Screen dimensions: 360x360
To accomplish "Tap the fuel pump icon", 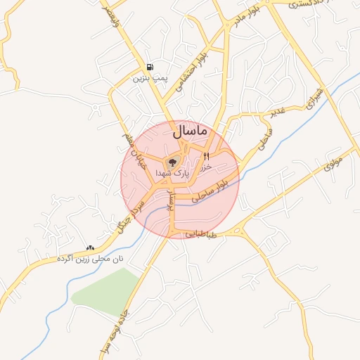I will tap(150, 67).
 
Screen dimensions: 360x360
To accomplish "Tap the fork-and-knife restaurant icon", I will tap(206, 156).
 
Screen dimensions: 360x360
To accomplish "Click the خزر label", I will tap(205, 168).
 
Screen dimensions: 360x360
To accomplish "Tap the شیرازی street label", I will tap(314, 98).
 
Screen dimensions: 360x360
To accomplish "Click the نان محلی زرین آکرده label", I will tap(90, 259).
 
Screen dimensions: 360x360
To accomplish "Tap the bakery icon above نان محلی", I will tap(89, 247).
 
